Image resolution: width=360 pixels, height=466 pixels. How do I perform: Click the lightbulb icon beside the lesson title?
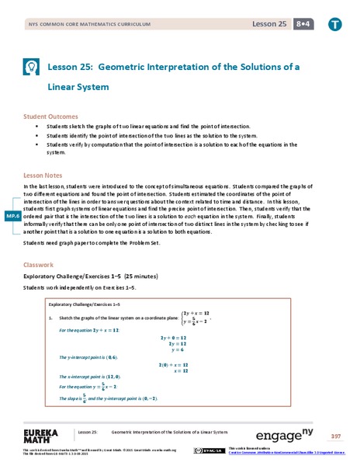click(32, 68)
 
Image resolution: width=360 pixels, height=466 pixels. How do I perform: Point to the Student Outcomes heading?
click(52, 116)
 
